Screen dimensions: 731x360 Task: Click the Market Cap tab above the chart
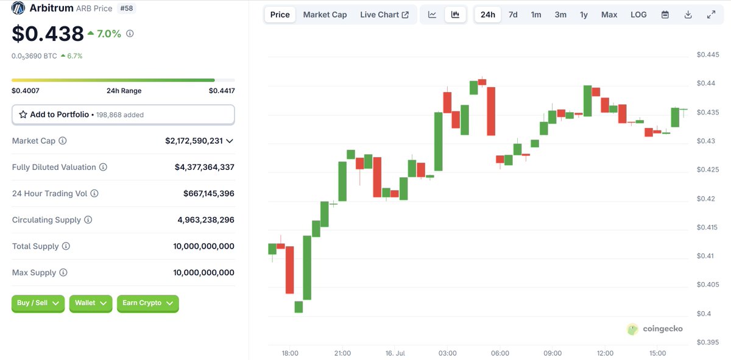pyautogui.click(x=325, y=15)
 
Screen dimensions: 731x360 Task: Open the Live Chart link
pyautogui.click(x=384, y=15)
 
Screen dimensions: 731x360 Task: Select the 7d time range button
pyautogui.click(x=513, y=15)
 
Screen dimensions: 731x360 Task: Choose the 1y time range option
pyautogui.click(x=584, y=15)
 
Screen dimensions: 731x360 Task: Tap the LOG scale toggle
pyautogui.click(x=638, y=15)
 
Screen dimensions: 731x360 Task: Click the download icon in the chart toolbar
pyautogui.click(x=688, y=15)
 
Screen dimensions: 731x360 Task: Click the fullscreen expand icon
pyautogui.click(x=711, y=15)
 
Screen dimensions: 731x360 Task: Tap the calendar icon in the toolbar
pyautogui.click(x=665, y=15)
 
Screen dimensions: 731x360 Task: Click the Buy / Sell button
pyautogui.click(x=38, y=303)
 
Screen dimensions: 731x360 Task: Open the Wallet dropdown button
pyautogui.click(x=91, y=303)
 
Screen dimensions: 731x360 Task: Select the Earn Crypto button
pyautogui.click(x=148, y=303)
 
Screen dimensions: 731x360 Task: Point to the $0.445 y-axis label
pyautogui.click(x=707, y=54)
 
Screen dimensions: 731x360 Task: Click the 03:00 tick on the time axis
pyautogui.click(x=447, y=353)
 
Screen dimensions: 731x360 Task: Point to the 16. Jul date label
pyautogui.click(x=395, y=353)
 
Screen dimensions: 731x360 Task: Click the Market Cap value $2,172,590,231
pyautogui.click(x=194, y=141)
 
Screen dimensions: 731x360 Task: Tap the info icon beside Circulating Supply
pyautogui.click(x=88, y=220)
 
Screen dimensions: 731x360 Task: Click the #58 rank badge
pyautogui.click(x=127, y=8)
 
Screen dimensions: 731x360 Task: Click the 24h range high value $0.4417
pyautogui.click(x=222, y=91)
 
